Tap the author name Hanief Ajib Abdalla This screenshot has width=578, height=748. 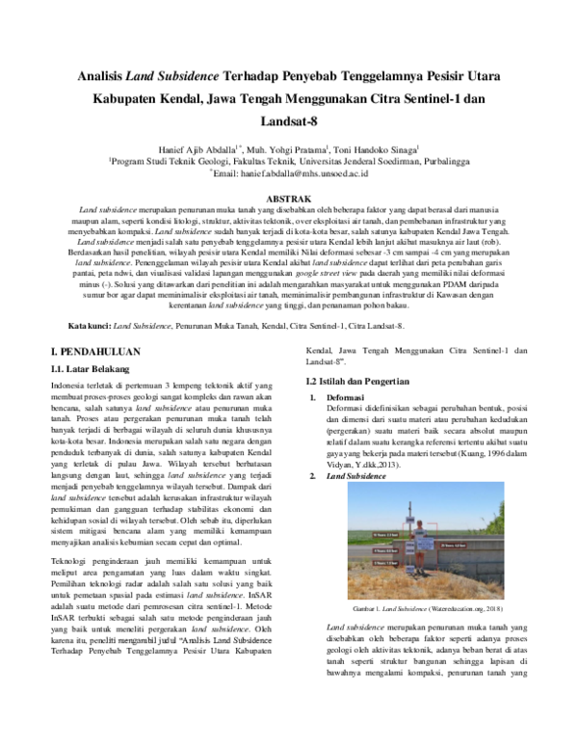coord(199,151)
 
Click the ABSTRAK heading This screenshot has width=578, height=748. coord(289,196)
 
